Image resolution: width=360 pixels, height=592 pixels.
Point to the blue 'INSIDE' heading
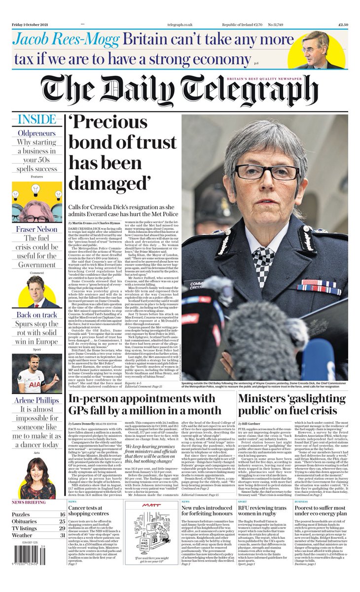(37, 119)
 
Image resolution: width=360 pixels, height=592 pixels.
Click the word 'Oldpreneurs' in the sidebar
(37, 133)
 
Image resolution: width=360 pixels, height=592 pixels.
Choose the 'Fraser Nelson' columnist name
(37, 229)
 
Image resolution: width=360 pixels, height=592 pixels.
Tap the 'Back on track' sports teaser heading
(37, 315)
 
